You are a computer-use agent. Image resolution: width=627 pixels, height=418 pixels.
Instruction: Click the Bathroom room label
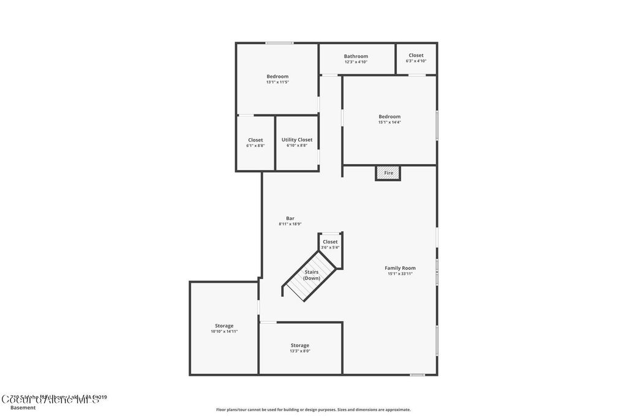pyautogui.click(x=356, y=56)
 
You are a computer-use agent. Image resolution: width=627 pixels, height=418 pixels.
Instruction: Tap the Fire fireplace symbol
pyautogui.click(x=388, y=173)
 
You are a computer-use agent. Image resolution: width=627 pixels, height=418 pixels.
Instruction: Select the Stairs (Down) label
pyautogui.click(x=312, y=275)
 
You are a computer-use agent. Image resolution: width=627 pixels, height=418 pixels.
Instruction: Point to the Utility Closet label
pyautogui.click(x=297, y=140)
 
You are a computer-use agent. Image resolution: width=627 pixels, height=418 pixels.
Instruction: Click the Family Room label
pyautogui.click(x=400, y=268)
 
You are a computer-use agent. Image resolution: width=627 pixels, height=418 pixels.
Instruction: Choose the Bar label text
pyautogui.click(x=290, y=218)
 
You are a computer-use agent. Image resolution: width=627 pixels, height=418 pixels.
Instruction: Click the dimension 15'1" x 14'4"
pyautogui.click(x=389, y=122)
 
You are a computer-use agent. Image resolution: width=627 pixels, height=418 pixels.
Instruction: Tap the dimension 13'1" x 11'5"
pyautogui.click(x=277, y=82)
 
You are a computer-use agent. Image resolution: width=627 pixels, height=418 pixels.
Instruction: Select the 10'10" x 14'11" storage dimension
pyautogui.click(x=224, y=331)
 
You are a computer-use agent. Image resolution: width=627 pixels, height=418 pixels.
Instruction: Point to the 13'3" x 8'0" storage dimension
pyautogui.click(x=300, y=351)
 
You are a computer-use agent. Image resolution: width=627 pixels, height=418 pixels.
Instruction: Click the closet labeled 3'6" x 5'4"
pyautogui.click(x=330, y=245)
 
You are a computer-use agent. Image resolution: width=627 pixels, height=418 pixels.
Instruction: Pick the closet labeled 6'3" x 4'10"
pyautogui.click(x=416, y=58)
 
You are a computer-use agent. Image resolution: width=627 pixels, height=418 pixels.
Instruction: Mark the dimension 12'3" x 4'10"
pyautogui.click(x=356, y=62)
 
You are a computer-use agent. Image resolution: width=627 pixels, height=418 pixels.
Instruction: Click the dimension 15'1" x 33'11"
pyautogui.click(x=400, y=274)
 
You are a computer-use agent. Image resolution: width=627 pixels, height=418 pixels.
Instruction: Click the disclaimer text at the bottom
pyautogui.click(x=313, y=409)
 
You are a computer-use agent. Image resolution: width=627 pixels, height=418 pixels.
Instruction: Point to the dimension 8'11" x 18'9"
pyautogui.click(x=290, y=224)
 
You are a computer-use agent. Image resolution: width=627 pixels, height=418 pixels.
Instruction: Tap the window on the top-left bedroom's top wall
pyautogui.click(x=279, y=43)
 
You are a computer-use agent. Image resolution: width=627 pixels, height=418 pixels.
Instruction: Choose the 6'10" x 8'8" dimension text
pyautogui.click(x=297, y=146)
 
